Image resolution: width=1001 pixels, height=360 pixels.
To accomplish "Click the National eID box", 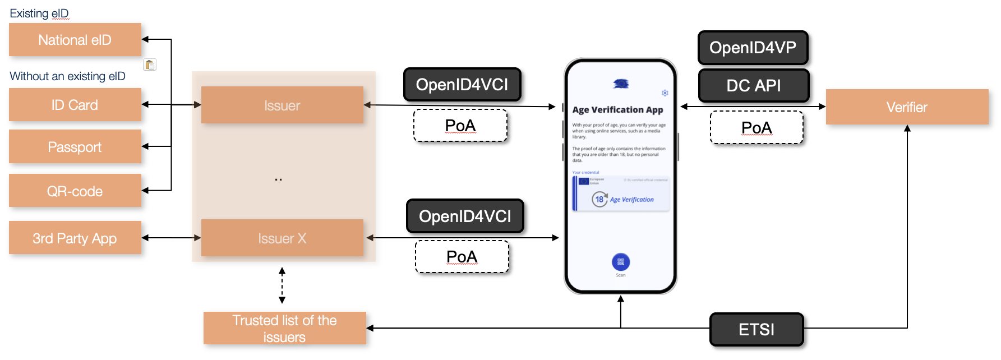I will click(75, 40).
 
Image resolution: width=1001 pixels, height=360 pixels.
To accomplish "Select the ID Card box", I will click(75, 105).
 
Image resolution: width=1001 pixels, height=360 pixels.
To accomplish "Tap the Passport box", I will click(75, 147).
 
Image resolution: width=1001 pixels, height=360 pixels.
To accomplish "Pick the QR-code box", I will click(75, 191).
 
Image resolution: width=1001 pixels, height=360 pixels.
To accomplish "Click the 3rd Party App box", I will click(75, 238).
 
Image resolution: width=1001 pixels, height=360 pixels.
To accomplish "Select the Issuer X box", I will click(282, 238).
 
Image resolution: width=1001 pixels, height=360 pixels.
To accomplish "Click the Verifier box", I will click(907, 107).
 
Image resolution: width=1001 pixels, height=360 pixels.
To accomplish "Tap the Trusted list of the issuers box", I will click(284, 329).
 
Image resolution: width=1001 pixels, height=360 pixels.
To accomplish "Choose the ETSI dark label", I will click(756, 330).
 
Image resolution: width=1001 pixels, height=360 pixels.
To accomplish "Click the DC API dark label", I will click(753, 86).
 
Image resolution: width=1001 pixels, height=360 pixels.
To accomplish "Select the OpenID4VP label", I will click(753, 48).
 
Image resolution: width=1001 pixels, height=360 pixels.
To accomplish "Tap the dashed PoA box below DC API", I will click(756, 128).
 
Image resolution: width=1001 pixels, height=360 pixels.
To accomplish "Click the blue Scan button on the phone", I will click(621, 262).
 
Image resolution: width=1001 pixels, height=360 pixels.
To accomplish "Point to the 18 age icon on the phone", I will click(599, 199).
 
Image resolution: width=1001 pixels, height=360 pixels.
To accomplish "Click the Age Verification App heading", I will click(617, 110).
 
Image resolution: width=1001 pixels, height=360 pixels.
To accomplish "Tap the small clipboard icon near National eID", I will click(150, 64).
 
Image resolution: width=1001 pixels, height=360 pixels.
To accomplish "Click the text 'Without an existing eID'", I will click(67, 76).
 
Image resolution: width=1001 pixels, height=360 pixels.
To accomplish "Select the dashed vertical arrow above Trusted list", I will click(282, 285).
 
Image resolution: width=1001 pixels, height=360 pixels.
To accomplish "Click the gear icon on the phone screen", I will click(665, 93).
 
